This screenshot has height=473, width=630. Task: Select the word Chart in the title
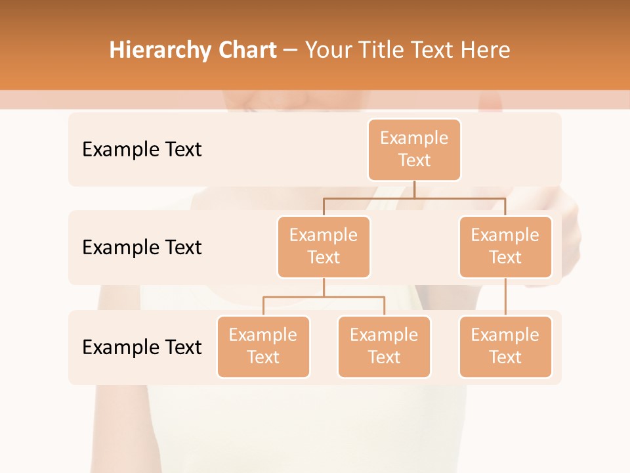click(248, 51)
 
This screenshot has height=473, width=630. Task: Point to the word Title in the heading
click(386, 51)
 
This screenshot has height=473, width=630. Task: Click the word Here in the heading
click(484, 51)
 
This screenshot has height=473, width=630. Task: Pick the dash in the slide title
click(291, 51)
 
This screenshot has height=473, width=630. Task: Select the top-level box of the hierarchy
click(414, 150)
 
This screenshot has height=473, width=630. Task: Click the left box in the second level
click(324, 247)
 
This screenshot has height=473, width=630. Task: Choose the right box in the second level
click(505, 247)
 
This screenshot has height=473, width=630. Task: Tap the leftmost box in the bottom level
click(263, 347)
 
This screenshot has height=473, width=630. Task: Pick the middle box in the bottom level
click(384, 347)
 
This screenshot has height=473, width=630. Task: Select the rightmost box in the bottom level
click(505, 347)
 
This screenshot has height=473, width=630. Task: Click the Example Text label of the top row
click(142, 150)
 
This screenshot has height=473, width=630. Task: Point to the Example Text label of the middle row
click(142, 248)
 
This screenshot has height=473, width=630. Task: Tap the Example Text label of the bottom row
click(142, 347)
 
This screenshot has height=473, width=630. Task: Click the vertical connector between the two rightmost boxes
click(505, 297)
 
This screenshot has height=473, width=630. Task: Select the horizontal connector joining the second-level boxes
click(414, 198)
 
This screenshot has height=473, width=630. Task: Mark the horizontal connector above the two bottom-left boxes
click(324, 297)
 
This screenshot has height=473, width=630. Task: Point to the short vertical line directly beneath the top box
click(414, 189)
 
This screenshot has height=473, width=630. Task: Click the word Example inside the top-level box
click(414, 138)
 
